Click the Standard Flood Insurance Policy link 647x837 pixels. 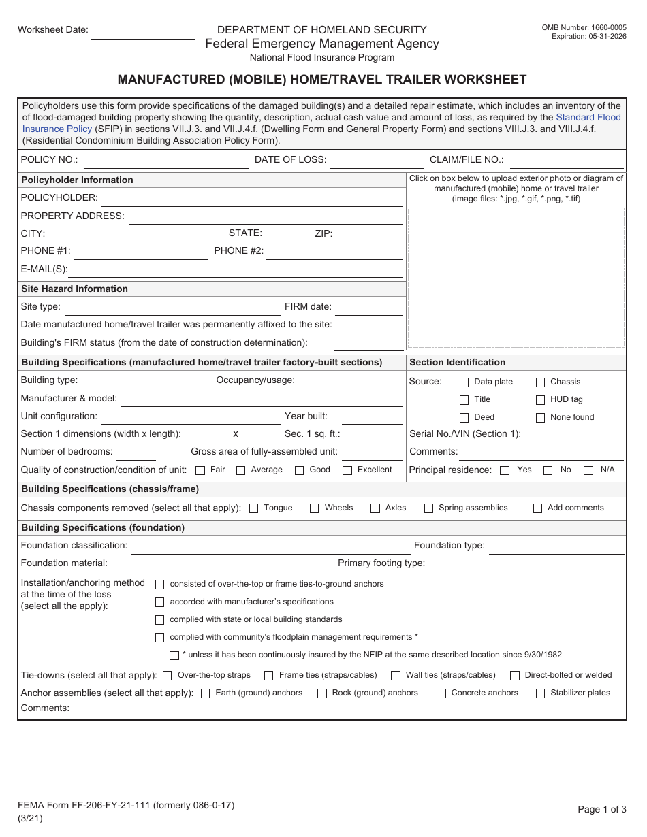pos(588,118)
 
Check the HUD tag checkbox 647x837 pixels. pos(540,400)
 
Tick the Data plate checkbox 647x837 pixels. pos(464,382)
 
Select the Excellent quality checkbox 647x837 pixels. pos(347,470)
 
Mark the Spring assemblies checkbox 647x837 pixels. pos(428,508)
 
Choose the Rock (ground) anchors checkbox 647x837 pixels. pos(322,693)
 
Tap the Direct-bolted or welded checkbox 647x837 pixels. pos(515,676)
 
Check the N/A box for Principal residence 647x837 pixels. pos(589,470)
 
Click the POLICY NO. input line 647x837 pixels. pos(165,161)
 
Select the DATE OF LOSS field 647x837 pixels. pos(377,161)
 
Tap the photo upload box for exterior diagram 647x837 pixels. pos(516,278)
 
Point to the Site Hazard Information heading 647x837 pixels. pos(75,289)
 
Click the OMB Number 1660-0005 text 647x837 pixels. pos(584,28)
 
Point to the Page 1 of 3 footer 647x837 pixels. pos(601,809)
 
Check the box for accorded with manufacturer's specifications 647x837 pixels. pos(160,602)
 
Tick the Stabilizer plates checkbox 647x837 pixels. pos(540,693)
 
